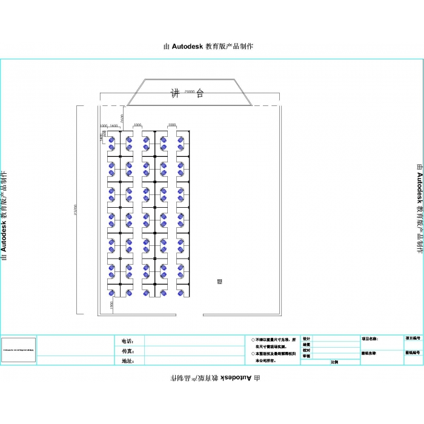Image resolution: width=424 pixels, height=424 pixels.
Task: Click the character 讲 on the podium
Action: click(175, 93)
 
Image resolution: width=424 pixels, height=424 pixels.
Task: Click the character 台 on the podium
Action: click(200, 93)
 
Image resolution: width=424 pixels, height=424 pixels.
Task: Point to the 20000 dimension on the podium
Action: click(190, 91)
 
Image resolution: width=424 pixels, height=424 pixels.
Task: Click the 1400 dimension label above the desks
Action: click(113, 125)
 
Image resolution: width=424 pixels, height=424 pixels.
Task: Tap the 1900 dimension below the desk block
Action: click(111, 306)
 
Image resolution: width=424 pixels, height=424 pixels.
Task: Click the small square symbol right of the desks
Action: click(219, 281)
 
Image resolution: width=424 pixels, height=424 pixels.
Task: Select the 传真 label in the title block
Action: click(127, 351)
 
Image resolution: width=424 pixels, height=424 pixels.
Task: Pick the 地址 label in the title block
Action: click(127, 361)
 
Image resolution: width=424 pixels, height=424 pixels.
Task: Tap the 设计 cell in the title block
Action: click(306, 339)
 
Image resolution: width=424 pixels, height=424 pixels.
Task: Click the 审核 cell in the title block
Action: click(306, 356)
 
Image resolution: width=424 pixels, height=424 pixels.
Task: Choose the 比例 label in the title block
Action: click(334, 362)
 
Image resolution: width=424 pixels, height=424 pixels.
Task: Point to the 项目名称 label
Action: click(369, 339)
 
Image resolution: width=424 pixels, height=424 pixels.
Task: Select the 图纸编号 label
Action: click(412, 352)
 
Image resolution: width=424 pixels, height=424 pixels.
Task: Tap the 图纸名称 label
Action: click(369, 353)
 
